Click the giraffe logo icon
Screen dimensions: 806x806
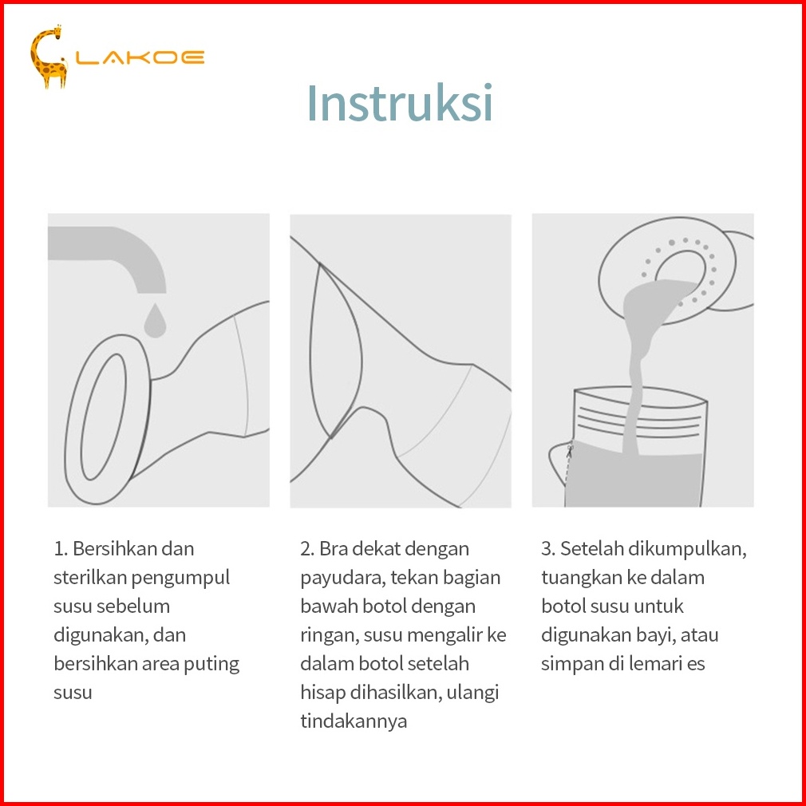(49, 57)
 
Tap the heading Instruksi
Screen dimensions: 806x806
(400, 103)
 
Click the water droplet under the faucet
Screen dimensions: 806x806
(155, 320)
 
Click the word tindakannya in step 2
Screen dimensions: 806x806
(354, 721)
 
